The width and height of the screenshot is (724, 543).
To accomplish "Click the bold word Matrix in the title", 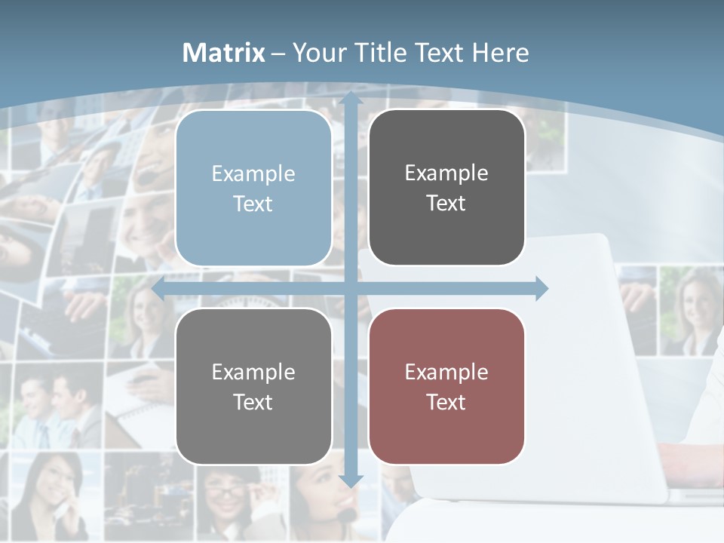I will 224,53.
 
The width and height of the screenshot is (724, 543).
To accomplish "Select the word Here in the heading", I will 501,53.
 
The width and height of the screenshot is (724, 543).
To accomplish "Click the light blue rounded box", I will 253,189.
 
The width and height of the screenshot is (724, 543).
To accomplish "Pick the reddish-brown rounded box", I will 446,386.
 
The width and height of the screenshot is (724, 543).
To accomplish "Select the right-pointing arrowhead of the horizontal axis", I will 541,288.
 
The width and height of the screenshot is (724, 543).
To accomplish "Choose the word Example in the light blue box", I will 253,173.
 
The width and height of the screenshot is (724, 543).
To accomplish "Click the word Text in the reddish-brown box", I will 446,403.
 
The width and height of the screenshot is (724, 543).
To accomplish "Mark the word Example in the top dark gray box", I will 446,173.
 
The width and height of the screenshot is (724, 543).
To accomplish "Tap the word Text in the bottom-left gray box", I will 253,403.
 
